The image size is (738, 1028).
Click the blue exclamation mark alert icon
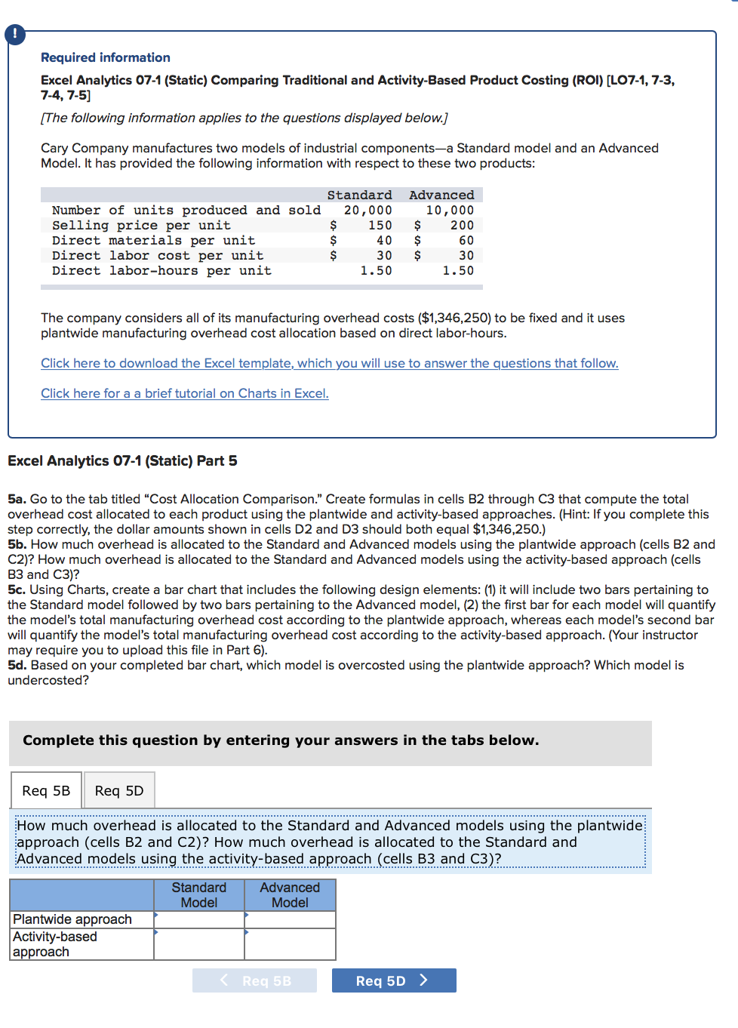click(14, 34)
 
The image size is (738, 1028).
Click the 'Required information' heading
click(105, 57)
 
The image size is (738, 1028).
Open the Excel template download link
click(329, 363)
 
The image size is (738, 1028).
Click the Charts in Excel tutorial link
click(184, 393)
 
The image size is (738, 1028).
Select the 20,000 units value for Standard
click(367, 211)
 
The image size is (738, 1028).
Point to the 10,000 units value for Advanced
click(450, 211)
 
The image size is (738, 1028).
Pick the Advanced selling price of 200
click(462, 226)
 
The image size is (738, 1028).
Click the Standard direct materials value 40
click(384, 241)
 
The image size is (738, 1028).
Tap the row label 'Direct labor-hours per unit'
click(161, 271)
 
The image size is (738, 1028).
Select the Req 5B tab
click(46, 790)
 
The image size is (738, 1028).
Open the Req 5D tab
click(119, 790)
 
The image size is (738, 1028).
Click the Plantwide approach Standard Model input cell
click(199, 919)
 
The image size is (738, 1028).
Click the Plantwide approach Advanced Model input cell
click(291, 919)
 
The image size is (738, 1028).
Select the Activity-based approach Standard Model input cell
click(199, 944)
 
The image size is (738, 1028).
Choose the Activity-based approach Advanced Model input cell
click(291, 944)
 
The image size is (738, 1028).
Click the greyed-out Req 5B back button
click(254, 980)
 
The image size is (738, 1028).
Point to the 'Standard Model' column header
click(199, 895)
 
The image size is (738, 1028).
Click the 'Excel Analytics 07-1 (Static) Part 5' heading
click(122, 461)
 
